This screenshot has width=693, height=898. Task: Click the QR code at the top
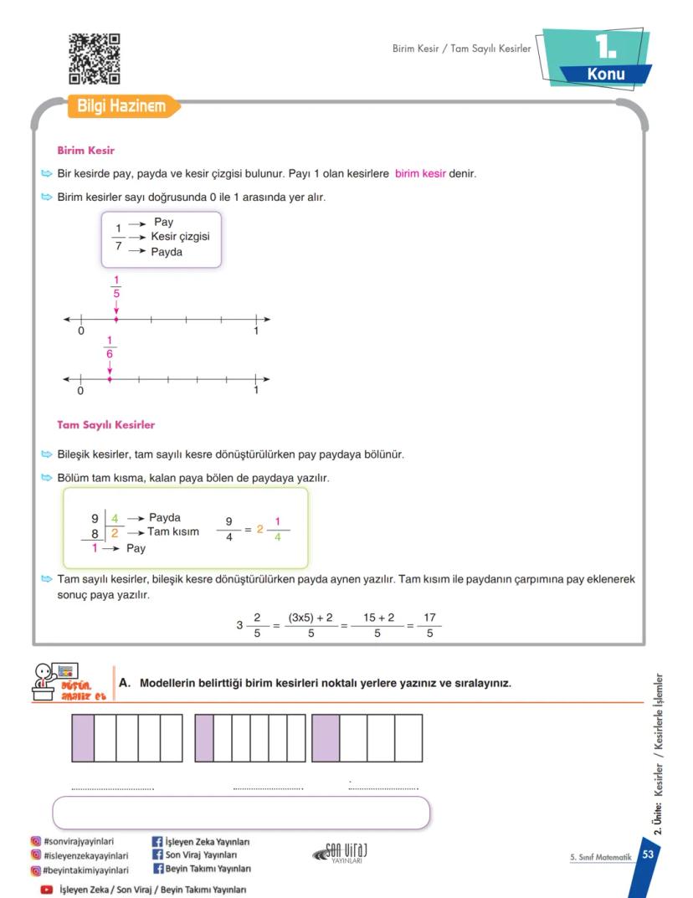click(94, 59)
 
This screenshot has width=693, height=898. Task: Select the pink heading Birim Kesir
click(85, 151)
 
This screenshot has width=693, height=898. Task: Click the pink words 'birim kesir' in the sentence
click(420, 175)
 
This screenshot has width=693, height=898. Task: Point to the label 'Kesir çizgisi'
click(180, 237)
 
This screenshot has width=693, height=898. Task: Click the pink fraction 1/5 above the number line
click(116, 287)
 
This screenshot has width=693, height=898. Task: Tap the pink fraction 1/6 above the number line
click(110, 346)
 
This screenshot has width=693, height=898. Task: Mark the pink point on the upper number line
click(116, 319)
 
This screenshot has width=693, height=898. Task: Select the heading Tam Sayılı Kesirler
click(105, 425)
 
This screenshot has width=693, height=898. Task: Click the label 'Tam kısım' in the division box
click(173, 531)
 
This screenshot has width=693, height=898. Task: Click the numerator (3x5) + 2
click(311, 618)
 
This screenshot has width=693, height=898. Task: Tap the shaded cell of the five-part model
click(83, 738)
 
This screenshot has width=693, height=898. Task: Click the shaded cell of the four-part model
click(326, 738)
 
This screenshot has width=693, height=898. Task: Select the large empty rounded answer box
click(241, 812)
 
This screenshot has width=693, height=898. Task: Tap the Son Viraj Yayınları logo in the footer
click(340, 852)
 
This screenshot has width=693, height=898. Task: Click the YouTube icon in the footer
click(48, 890)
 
